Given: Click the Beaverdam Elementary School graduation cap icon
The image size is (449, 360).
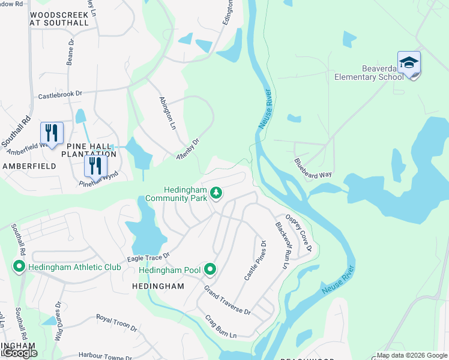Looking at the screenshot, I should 409,63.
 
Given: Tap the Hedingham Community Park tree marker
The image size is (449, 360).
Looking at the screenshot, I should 216,193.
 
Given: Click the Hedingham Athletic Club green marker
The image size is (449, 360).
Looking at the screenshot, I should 19,266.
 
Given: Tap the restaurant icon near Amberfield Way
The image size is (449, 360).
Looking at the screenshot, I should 52,133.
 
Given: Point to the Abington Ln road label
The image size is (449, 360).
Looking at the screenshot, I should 167,115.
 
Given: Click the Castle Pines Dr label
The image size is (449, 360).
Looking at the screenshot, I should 254,259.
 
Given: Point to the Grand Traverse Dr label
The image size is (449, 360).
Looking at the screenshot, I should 227,301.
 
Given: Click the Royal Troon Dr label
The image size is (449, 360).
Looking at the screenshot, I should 116,323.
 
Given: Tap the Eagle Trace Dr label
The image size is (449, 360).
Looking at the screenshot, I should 148,256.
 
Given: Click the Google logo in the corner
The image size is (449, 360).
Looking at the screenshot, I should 19,353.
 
